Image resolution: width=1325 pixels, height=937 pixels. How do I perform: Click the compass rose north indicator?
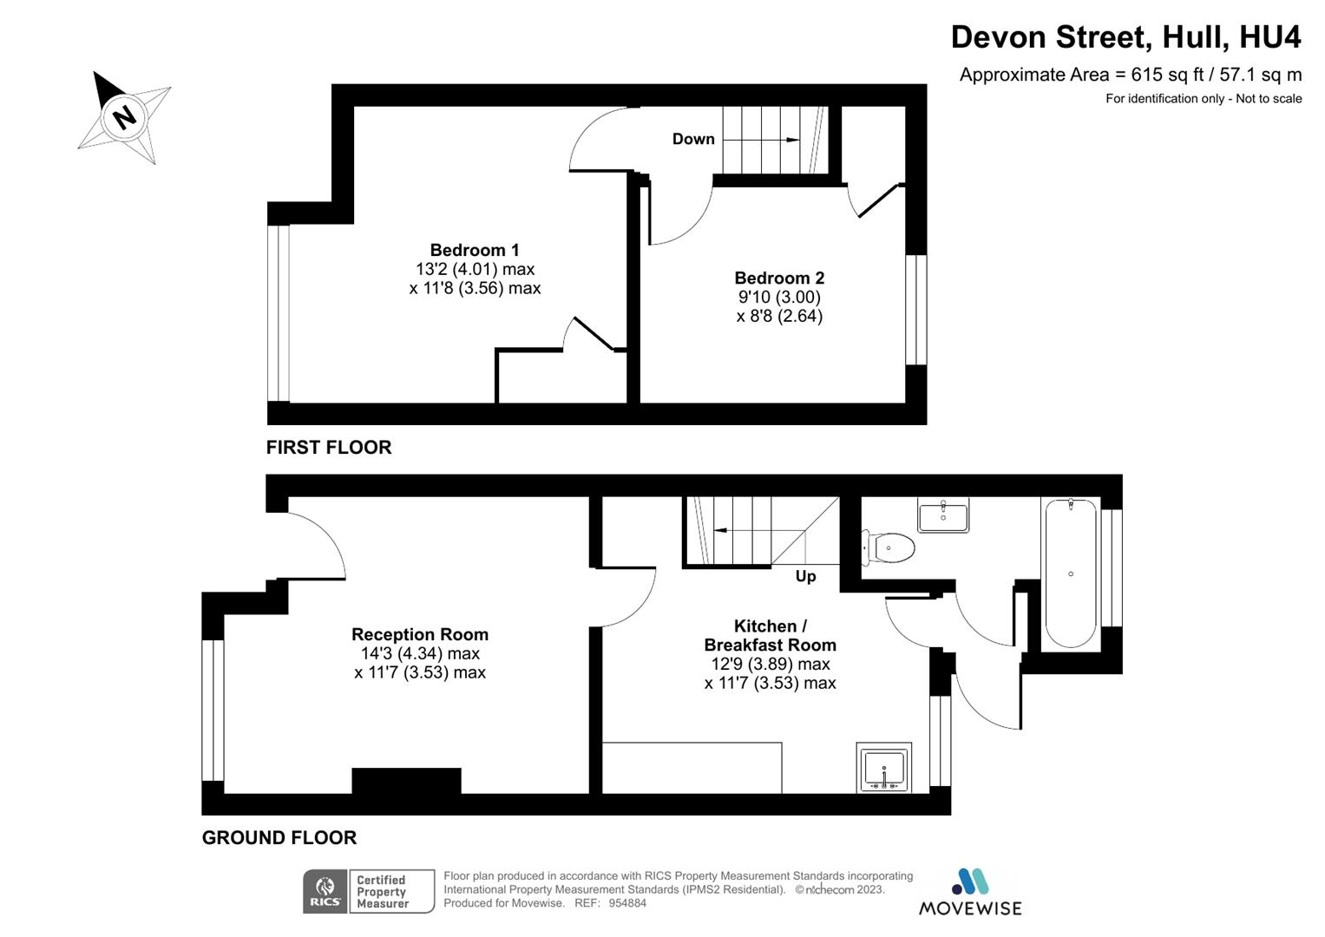pos(125,116)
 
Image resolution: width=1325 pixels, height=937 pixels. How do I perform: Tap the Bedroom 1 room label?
pos(475,251)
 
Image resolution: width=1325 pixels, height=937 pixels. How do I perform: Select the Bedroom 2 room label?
pos(779,278)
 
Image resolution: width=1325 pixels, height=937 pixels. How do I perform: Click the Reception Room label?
pos(420,635)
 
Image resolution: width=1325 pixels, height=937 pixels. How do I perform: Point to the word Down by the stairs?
pos(693,139)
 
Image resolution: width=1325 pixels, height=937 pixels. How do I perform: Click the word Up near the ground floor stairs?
pos(805,577)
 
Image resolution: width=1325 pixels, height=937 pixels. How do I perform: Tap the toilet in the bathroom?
pos(890,547)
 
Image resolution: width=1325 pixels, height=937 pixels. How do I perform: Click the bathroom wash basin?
pos(943,515)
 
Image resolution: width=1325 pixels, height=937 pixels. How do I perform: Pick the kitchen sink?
pos(883,768)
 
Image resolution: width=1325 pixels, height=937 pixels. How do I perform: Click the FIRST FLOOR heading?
pos(329,448)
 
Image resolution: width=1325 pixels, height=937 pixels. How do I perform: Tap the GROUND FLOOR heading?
pos(279,838)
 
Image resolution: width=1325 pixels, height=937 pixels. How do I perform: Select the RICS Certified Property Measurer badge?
pos(369,892)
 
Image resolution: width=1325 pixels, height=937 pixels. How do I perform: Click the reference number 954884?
pos(627,903)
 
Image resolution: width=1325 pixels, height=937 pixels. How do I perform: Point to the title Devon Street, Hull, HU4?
pos(1125,37)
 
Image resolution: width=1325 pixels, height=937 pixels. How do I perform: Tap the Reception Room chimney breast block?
pos(406,781)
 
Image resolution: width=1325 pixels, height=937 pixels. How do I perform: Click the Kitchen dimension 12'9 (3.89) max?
pos(771,665)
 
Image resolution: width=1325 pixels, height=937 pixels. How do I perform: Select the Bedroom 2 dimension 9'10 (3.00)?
pos(779,298)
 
